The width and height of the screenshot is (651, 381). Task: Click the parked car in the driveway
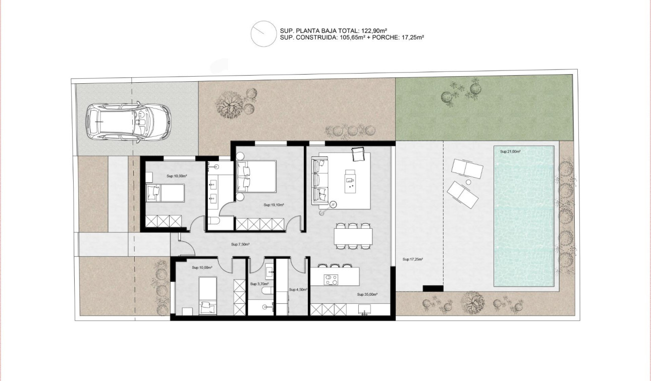[x=129, y=122]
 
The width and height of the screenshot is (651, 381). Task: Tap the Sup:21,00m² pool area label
[x=510, y=151]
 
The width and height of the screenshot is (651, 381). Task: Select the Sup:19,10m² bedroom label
[x=274, y=205]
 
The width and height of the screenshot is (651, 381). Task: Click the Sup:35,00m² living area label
[x=367, y=294]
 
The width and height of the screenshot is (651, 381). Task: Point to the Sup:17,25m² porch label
[x=412, y=259]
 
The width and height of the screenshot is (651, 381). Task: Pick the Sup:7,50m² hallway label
[x=241, y=244]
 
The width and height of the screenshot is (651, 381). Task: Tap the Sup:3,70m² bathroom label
[x=259, y=284]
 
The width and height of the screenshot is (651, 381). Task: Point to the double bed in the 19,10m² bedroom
[x=257, y=176]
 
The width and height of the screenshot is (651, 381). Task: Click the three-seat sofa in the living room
[x=320, y=180]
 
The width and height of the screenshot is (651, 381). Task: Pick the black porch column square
[x=432, y=288]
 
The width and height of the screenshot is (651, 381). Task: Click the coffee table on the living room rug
[x=350, y=181]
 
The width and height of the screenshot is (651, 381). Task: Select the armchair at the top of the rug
[x=358, y=154]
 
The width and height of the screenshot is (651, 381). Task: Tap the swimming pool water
[x=524, y=217]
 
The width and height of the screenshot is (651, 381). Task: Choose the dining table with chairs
[x=353, y=236]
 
